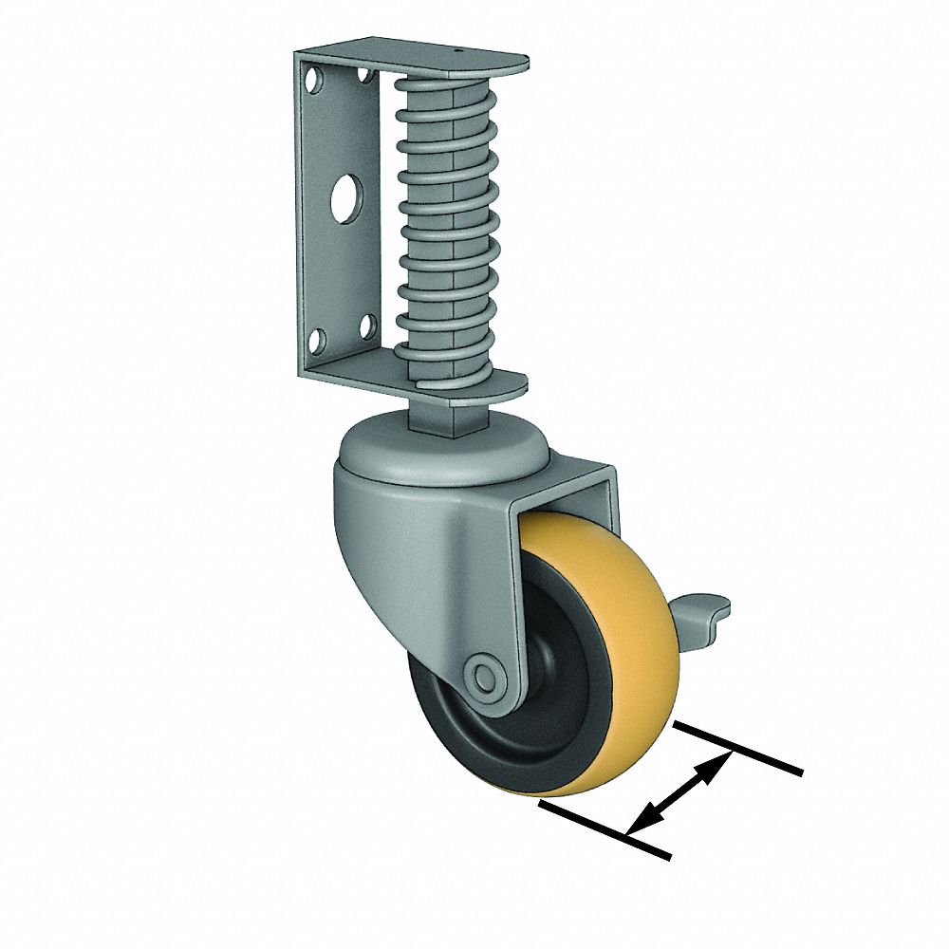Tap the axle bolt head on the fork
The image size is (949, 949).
(486, 675)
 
